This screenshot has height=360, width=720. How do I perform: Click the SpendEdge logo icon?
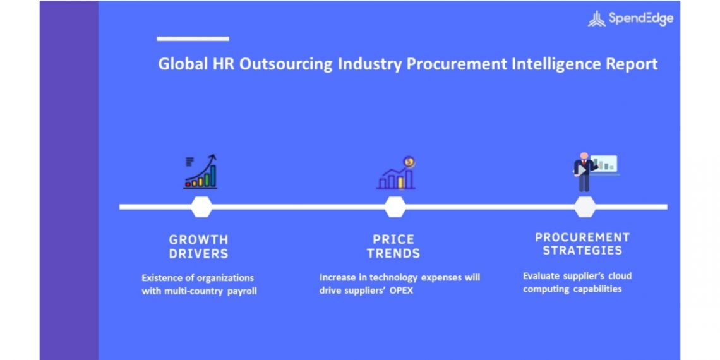(596, 19)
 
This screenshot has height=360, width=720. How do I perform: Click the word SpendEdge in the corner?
(641, 18)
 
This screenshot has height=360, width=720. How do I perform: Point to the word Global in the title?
(183, 64)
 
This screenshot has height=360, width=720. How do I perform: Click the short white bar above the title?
(193, 39)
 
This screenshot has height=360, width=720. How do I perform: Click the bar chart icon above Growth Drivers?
(201, 172)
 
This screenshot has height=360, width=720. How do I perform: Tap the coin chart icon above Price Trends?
(396, 172)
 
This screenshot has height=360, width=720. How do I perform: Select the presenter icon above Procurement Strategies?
(596, 171)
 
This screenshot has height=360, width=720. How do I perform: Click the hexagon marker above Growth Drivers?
(201, 207)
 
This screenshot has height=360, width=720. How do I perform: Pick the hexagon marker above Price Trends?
(395, 207)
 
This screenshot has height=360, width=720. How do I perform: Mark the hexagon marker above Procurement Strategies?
(585, 207)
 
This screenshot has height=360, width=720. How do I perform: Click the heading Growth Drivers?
(198, 246)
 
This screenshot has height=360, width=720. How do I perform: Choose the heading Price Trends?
(393, 246)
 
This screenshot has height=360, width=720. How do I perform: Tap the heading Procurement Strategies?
(582, 244)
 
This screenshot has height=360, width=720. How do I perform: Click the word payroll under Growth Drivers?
(242, 291)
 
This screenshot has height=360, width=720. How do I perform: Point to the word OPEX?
(402, 291)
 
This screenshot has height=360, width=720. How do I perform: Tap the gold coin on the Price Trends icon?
(409, 162)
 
